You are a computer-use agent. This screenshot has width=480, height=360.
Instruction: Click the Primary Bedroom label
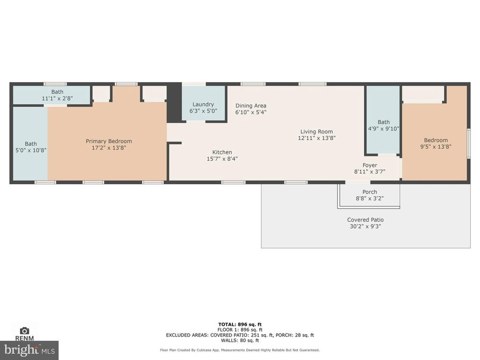click(x=108, y=141)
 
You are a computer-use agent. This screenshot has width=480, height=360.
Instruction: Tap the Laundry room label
click(x=203, y=104)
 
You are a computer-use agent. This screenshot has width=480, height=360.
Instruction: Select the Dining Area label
click(x=251, y=106)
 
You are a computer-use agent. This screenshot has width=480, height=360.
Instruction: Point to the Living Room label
click(x=316, y=132)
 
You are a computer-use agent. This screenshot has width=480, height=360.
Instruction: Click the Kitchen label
click(x=222, y=152)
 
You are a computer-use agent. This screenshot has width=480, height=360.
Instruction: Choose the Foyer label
click(x=370, y=165)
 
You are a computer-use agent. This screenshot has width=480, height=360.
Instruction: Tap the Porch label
click(x=370, y=192)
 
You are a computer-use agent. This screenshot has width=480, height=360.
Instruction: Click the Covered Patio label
click(x=365, y=220)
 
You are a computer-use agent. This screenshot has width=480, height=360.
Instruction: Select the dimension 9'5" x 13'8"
click(x=436, y=146)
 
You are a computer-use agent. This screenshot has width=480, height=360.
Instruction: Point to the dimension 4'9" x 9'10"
click(x=384, y=129)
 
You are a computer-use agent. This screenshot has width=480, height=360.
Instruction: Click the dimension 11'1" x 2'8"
click(x=57, y=98)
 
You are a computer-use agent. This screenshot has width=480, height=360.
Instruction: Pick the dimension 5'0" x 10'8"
click(x=31, y=150)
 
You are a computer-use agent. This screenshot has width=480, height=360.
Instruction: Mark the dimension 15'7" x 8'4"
click(x=222, y=159)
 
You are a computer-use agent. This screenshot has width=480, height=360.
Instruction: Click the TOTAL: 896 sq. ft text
click(x=240, y=324)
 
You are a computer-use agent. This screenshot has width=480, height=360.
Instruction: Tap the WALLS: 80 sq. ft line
click(x=240, y=340)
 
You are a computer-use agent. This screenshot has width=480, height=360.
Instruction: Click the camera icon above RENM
click(x=24, y=331)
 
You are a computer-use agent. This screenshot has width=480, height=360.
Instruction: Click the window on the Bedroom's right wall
click(x=468, y=144)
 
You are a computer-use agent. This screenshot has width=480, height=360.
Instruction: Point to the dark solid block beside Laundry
click(x=174, y=103)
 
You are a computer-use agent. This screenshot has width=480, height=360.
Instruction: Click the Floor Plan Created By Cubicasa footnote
click(x=240, y=350)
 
